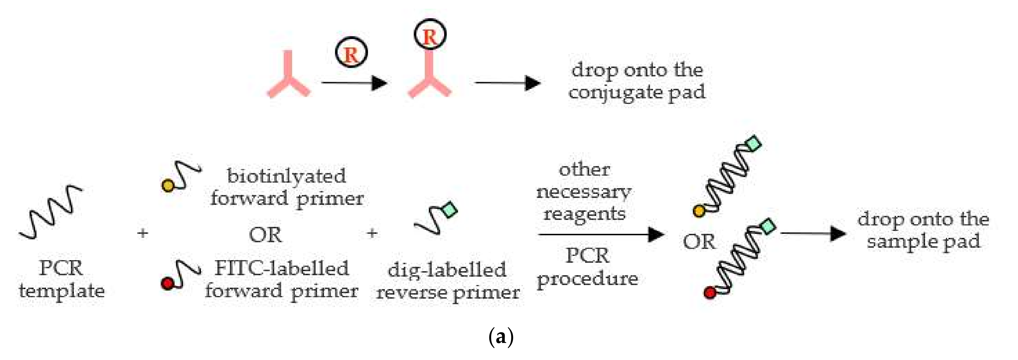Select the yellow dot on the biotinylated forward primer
coord(168,185)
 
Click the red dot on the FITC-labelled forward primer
coord(167,283)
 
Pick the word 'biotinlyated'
coord(287,176)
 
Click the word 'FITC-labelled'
coord(282,269)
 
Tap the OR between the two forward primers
coord(265,235)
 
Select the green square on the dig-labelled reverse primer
coord(449,210)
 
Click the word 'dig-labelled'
coord(447,270)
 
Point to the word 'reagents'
coord(584,214)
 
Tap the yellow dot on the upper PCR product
coord(699,211)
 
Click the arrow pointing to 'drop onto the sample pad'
coord(813,234)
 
